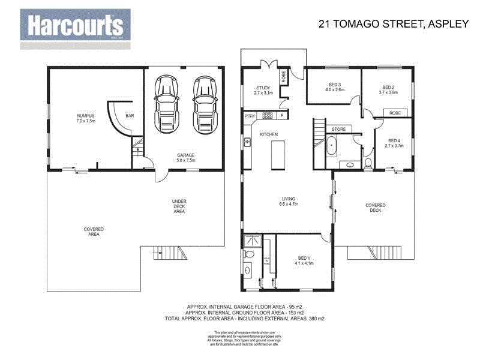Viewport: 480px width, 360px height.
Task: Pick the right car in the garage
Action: pos(204,107)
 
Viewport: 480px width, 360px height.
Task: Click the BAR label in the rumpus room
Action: pos(130,116)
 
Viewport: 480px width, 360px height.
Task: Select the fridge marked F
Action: pos(282,115)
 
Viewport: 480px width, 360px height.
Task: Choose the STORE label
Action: pos(338,128)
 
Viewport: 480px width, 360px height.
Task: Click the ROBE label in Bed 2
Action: pos(395,113)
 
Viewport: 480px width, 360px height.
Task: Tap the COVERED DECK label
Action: pos(376,208)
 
